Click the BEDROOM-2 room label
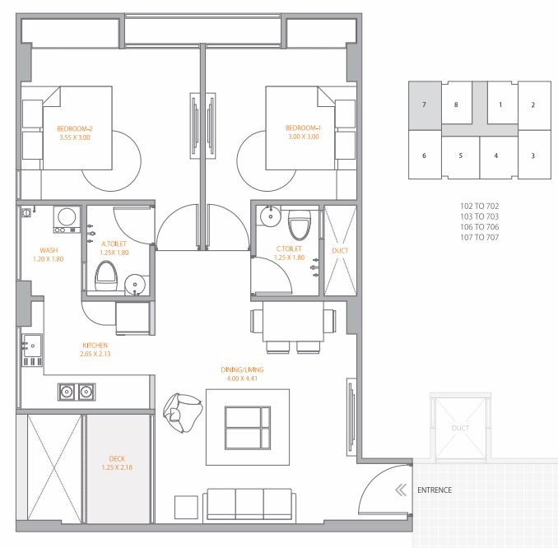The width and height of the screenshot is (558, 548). tap(75, 129)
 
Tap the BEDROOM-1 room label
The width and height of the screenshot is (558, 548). tap(303, 128)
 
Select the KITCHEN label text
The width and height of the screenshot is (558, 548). tap(95, 345)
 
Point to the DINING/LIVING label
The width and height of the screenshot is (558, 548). tap(242, 369)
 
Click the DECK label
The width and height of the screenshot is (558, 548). tap(117, 458)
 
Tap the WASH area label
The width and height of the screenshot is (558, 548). tap(49, 250)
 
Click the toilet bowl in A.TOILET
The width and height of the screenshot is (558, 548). tap(106, 276)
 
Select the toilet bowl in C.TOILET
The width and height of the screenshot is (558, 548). tap(300, 225)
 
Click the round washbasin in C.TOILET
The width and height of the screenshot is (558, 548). tap(270, 216)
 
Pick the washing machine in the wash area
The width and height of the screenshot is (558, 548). tap(67, 219)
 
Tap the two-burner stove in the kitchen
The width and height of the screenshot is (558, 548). tap(77, 392)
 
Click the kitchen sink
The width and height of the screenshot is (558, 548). tap(32, 345)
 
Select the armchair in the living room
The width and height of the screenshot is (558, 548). tap(183, 413)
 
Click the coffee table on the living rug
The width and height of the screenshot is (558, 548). tap(248, 428)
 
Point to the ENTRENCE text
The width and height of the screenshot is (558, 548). tap(435, 490)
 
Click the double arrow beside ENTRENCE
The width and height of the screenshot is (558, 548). tap(401, 490)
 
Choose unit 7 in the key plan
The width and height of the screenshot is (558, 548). tap(424, 105)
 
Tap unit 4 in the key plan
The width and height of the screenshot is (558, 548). tap(496, 156)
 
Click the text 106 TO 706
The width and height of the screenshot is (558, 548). tap(479, 226)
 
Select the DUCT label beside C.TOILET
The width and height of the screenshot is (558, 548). tap(340, 250)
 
